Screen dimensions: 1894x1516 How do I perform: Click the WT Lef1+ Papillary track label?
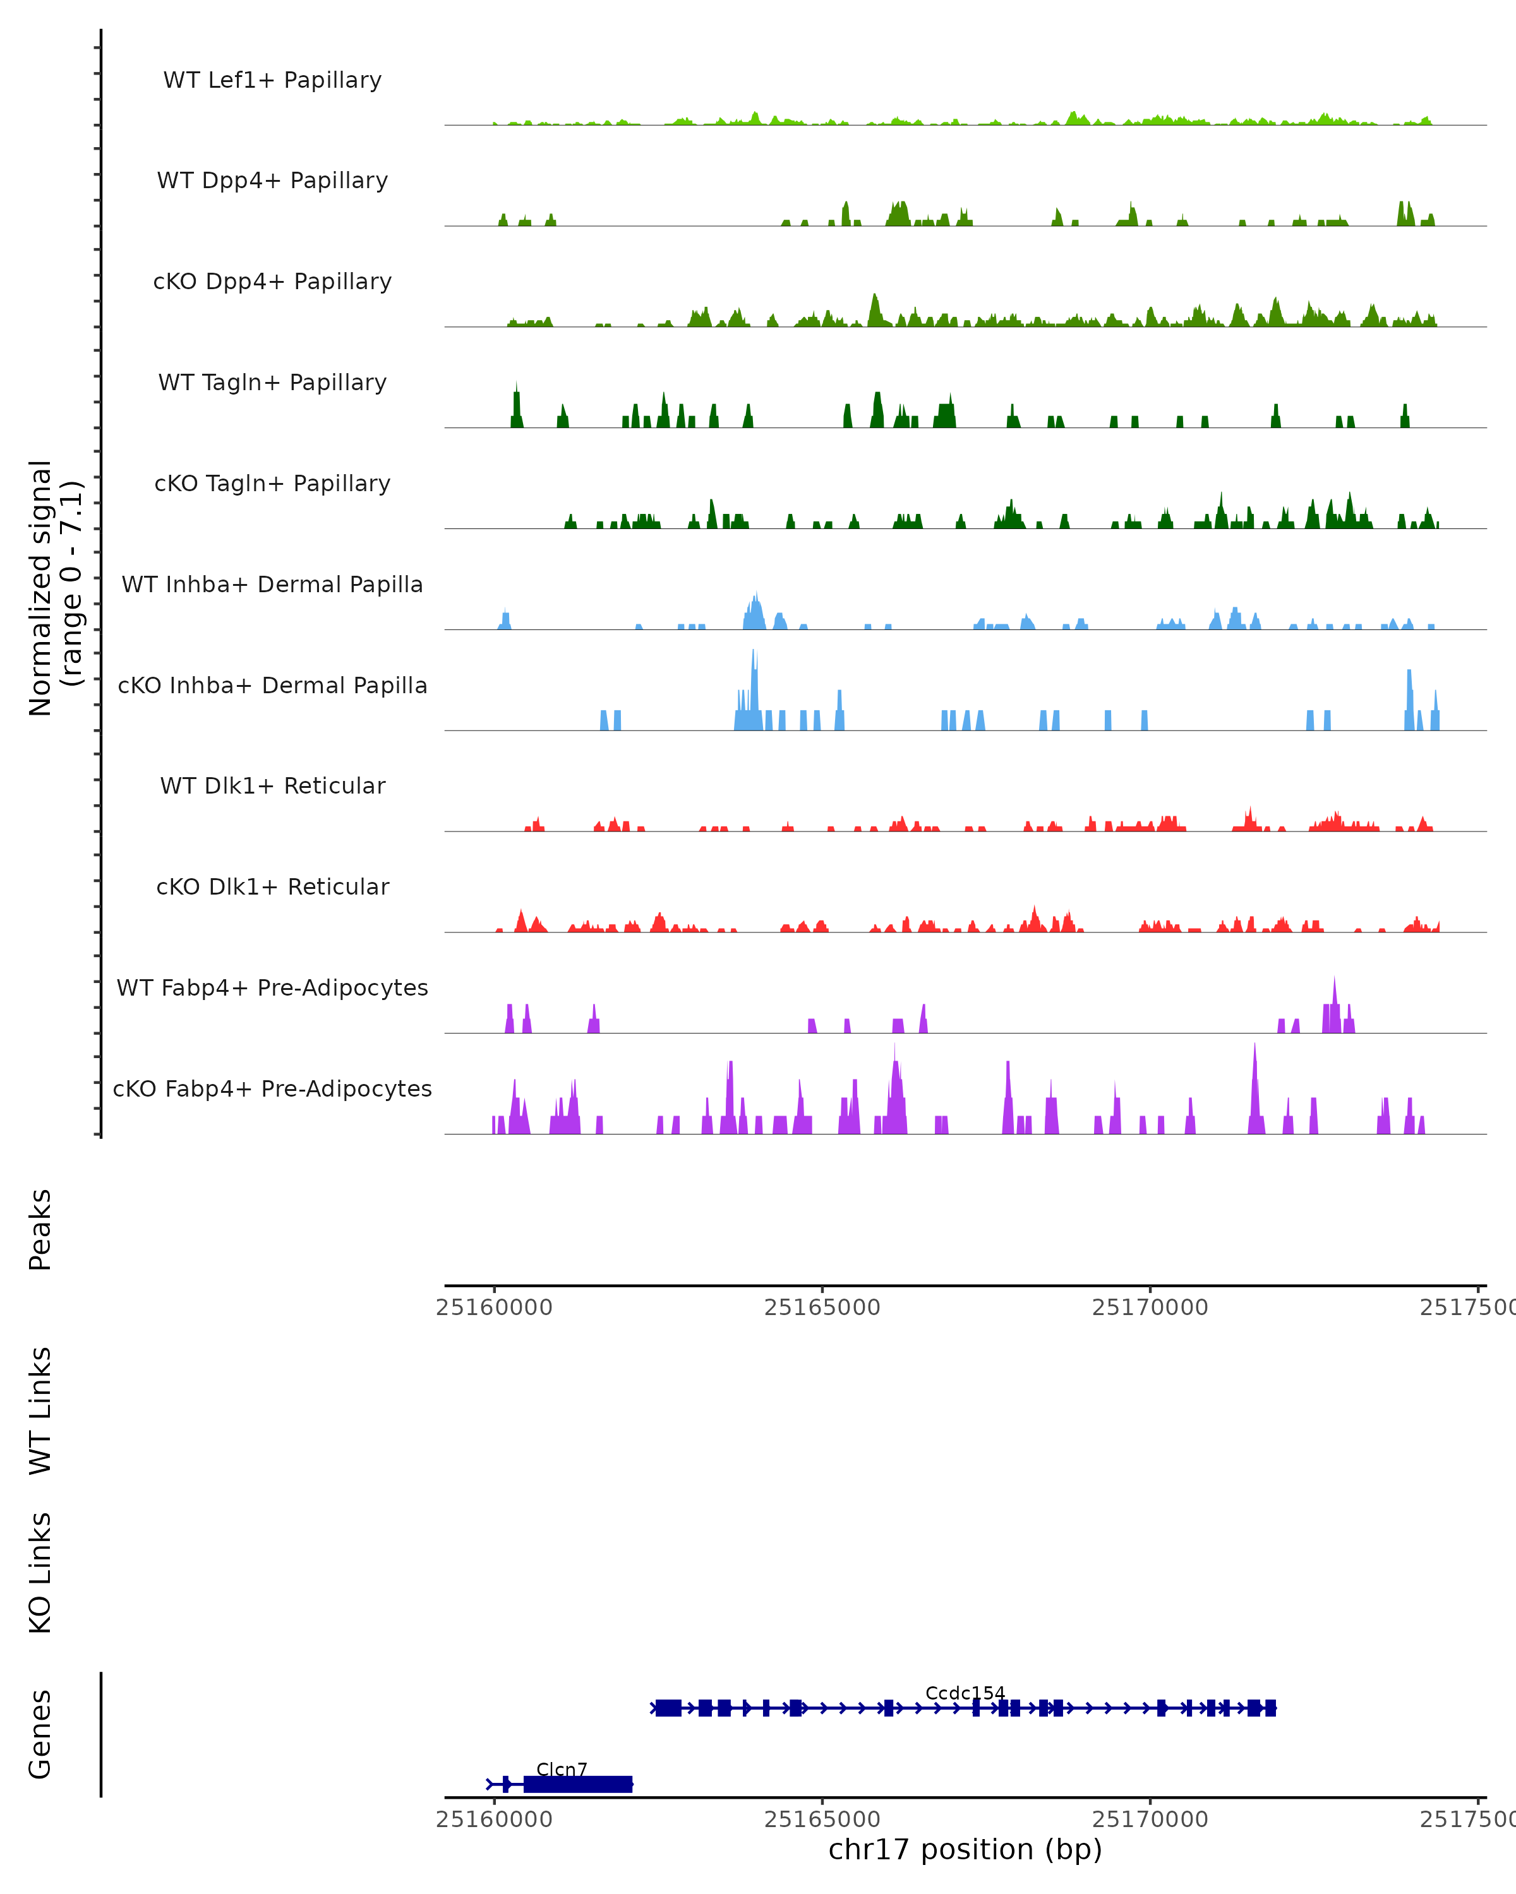(272, 80)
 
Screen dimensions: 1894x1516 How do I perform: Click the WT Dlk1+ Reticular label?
(272, 785)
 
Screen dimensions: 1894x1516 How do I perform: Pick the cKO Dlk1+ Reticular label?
(272, 886)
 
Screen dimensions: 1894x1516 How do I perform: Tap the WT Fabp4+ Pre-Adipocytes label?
(272, 987)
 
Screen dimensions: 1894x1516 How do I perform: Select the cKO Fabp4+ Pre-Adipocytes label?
(272, 1088)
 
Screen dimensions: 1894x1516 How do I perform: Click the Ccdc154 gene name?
(965, 1693)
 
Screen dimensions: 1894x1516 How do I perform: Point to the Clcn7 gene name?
(562, 1769)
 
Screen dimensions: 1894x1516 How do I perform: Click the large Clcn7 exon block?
(577, 1784)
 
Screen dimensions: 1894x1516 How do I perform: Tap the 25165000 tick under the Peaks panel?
(822, 1307)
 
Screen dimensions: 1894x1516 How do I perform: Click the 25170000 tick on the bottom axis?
(1150, 1820)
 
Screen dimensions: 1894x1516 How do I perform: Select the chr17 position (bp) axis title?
(965, 1850)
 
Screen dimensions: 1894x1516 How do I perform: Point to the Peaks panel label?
(40, 1230)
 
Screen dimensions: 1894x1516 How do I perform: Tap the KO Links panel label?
(40, 1573)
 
